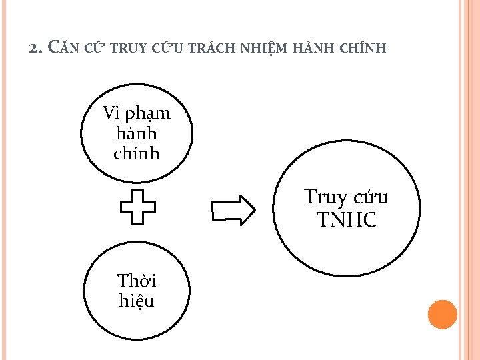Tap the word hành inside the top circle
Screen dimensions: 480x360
pyautogui.click(x=137, y=133)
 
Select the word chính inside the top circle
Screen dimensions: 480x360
pyautogui.click(x=137, y=153)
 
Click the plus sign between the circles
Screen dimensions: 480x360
pyautogui.click(x=137, y=206)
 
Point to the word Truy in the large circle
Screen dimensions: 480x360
pyautogui.click(x=325, y=197)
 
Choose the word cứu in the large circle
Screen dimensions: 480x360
pyautogui.click(x=370, y=197)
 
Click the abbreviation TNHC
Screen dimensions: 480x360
pyautogui.click(x=347, y=219)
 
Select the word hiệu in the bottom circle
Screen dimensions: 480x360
pyautogui.click(x=137, y=301)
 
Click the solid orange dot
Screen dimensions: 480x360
pyautogui.click(x=442, y=314)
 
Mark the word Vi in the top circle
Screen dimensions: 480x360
pyautogui.click(x=111, y=113)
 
